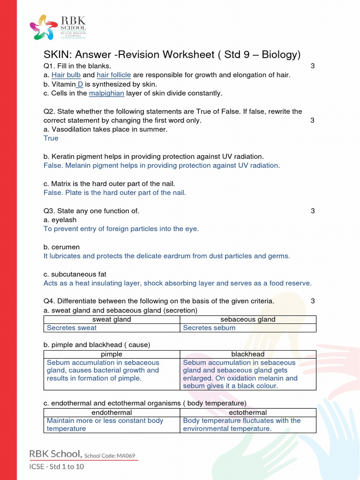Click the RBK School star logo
click(44, 27)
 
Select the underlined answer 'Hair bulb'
click(66, 75)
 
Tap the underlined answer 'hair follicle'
click(114, 75)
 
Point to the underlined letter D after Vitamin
click(80, 84)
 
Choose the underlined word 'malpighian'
click(106, 93)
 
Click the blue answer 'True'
click(51, 138)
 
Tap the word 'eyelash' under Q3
click(63, 220)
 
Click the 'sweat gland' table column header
click(112, 320)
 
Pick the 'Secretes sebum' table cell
click(209, 328)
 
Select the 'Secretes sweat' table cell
click(72, 328)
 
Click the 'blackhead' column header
click(248, 354)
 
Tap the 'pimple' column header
click(112, 354)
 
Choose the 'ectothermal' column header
click(248, 412)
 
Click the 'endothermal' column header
click(112, 412)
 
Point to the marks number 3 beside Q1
click(313, 66)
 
